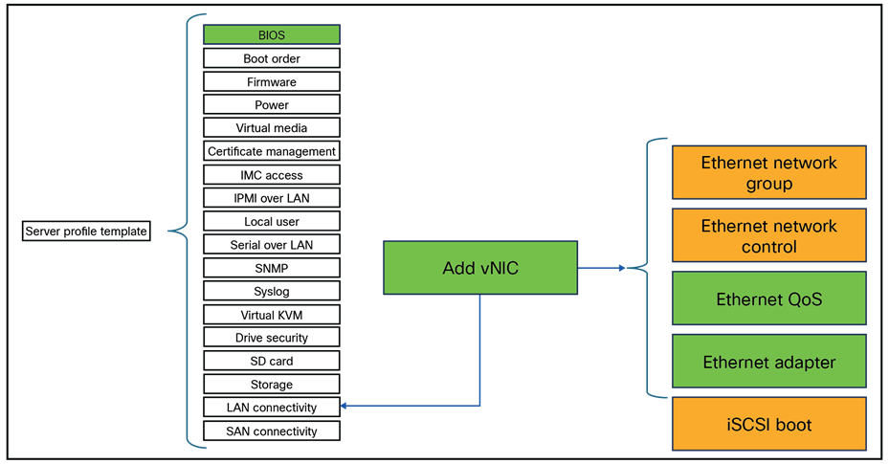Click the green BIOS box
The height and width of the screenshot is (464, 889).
click(272, 35)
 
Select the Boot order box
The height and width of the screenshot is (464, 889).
click(272, 58)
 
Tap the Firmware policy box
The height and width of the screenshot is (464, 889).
click(272, 82)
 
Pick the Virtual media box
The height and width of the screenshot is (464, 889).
click(272, 128)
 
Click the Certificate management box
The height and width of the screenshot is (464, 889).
click(272, 151)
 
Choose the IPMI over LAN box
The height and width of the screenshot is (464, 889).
click(272, 198)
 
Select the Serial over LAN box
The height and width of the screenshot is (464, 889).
click(272, 245)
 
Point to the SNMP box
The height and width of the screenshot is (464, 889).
click(272, 268)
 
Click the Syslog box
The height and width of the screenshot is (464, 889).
click(272, 291)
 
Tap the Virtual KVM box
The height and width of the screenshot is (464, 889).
click(272, 315)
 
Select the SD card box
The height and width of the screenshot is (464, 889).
click(272, 361)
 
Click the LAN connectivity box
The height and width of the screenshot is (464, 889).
click(272, 408)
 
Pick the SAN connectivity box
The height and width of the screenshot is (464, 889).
click(272, 431)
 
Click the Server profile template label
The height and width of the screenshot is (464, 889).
click(87, 232)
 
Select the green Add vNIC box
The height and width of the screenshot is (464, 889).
click(480, 268)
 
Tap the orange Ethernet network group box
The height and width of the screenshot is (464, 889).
click(769, 173)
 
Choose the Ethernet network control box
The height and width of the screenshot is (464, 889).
click(769, 236)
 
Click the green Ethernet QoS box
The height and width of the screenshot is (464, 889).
click(769, 299)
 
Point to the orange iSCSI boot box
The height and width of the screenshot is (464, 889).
click(769, 424)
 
